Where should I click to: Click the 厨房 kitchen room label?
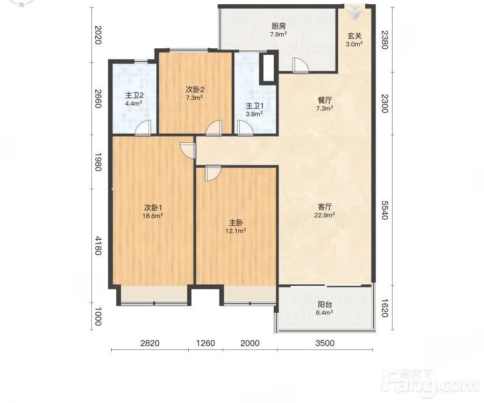click(x=279, y=26)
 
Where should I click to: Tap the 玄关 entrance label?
click(x=354, y=36)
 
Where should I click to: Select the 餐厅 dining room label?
click(x=325, y=100)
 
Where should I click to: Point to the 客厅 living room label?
click(x=325, y=206)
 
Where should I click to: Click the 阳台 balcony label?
click(x=325, y=305)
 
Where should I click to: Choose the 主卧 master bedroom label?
click(x=236, y=222)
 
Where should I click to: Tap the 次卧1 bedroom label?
click(x=153, y=207)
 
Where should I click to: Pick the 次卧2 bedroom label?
click(x=195, y=90)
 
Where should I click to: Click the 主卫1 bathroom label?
click(x=255, y=106)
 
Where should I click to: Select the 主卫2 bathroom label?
click(x=134, y=95)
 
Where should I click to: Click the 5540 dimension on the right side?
click(x=385, y=210)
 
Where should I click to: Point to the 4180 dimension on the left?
click(x=98, y=246)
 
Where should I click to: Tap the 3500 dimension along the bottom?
click(x=325, y=343)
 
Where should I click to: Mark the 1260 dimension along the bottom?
click(x=205, y=343)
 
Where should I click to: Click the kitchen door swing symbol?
click(x=300, y=66)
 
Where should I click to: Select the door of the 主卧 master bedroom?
click(x=213, y=173)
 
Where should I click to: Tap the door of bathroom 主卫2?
click(x=143, y=128)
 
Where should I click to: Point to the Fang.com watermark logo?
click(x=430, y=384)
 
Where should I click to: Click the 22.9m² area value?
click(x=325, y=215)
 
